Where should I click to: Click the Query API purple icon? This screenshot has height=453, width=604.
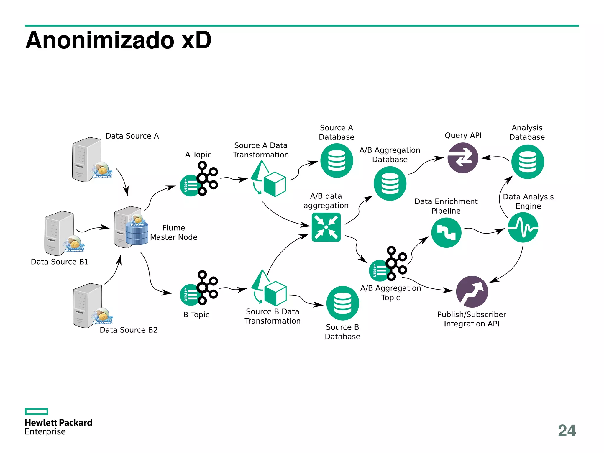coord(462,158)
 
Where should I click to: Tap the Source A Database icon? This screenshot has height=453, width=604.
coord(337,160)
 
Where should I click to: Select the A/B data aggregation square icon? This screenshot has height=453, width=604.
coord(326,227)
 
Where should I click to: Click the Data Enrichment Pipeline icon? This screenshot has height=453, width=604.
coord(446,233)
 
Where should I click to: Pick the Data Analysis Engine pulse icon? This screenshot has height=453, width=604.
coord(523,228)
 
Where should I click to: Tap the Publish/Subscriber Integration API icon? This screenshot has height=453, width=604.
coord(472,292)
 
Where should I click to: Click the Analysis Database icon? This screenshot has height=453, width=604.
coord(527,162)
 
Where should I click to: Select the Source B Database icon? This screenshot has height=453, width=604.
coord(342,303)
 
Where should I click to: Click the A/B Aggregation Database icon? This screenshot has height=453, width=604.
coord(390,183)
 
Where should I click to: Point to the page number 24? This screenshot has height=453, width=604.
coord(567,431)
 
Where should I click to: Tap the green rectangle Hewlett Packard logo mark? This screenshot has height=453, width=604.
coord(36,411)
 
